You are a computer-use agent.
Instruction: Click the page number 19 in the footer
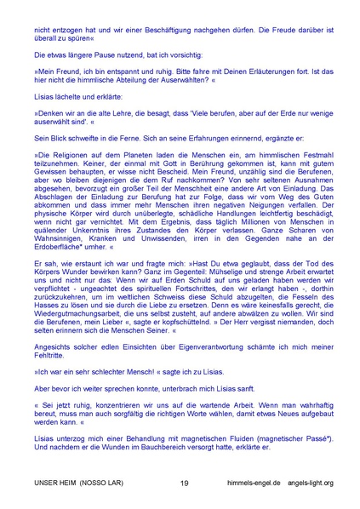point(185,483)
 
